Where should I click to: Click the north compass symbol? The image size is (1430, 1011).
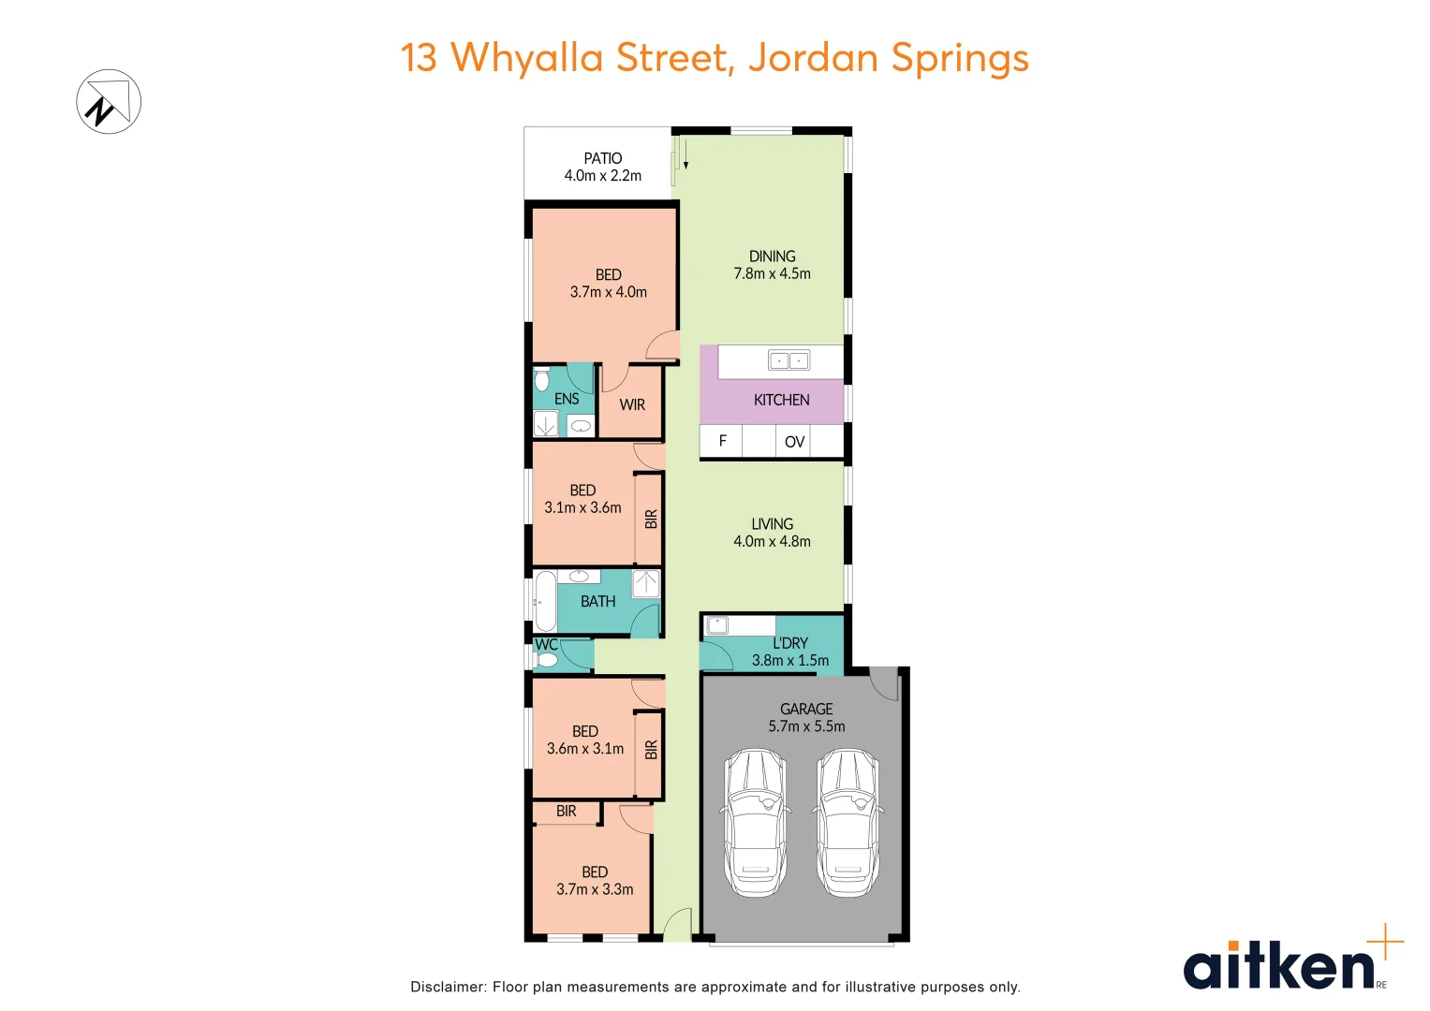pos(109,101)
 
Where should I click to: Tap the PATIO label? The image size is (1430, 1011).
pos(603,158)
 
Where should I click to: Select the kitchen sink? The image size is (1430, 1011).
pos(789,360)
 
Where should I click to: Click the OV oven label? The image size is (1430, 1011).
pos(795,442)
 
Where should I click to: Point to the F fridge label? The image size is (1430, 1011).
pos(723,441)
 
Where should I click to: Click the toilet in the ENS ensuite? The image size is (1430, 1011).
pos(541,381)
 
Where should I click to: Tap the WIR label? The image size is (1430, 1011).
pos(632,405)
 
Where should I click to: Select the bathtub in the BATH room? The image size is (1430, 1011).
pos(545,601)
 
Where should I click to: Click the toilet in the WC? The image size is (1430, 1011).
pos(548,660)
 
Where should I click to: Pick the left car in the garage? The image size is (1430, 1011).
pos(754,821)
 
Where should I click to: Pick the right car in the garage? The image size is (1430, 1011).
pos(848,821)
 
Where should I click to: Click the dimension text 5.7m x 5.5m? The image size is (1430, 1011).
pos(806,726)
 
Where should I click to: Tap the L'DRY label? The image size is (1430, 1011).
pos(790,643)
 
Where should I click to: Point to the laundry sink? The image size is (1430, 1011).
pos(717,625)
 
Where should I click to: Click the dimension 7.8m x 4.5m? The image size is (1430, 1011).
pos(772,273)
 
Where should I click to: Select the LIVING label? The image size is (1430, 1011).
pos(772,524)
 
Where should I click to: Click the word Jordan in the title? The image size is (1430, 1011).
pos(814,58)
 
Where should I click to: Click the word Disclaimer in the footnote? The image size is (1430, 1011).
pos(448,987)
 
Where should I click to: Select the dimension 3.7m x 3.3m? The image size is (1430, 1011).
pos(595,889)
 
